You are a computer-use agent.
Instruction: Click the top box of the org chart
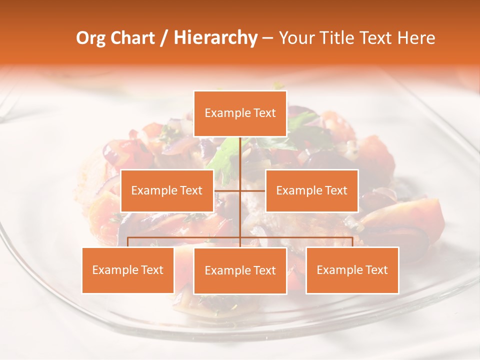(240, 113)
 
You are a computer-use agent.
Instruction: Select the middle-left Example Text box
(167, 190)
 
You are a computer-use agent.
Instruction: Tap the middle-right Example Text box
(312, 190)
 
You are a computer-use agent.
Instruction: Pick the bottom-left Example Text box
(128, 270)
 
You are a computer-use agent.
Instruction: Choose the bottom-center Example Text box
(240, 270)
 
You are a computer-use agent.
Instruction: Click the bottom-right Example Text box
(352, 270)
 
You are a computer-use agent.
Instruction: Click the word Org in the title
(91, 38)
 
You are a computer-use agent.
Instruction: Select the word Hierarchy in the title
(215, 38)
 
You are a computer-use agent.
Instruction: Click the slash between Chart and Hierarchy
(163, 38)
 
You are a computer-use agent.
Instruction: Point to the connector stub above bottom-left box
(128, 242)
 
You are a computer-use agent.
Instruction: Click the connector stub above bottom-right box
(352, 242)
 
